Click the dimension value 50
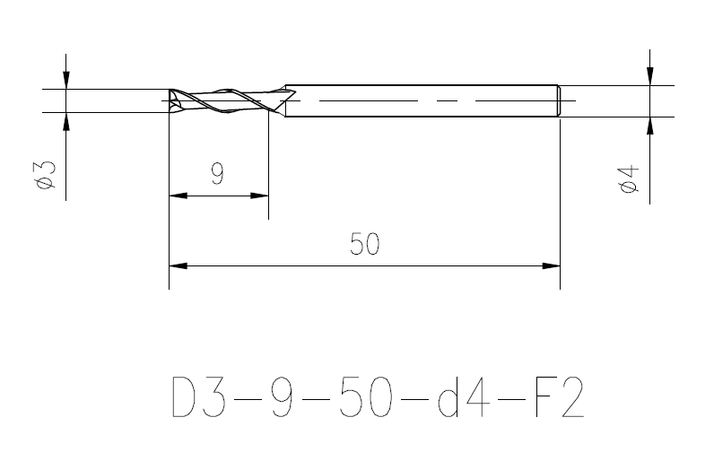click(365, 244)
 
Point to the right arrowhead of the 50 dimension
click(551, 265)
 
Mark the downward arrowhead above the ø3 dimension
click(66, 80)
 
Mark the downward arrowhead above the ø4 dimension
click(652, 76)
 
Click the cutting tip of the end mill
click(173, 100)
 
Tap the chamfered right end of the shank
click(557, 100)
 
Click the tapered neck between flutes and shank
click(283, 100)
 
